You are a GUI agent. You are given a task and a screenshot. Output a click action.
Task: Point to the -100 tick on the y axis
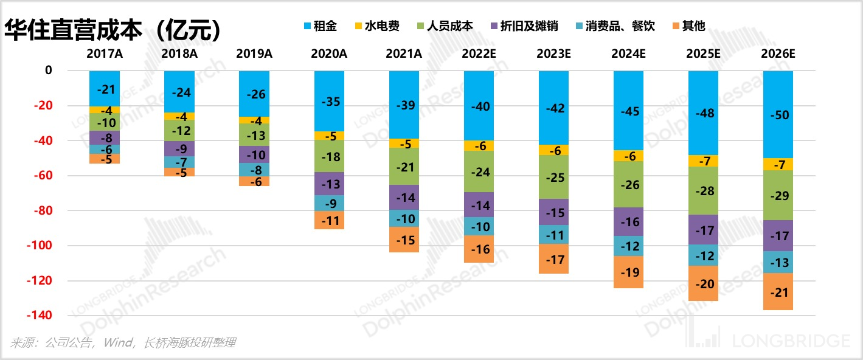pos(40,246)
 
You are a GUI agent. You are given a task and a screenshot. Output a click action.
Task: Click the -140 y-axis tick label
pos(40,316)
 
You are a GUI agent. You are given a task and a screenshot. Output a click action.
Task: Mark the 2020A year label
pos(329,54)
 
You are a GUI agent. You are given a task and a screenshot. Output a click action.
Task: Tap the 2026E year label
pos(778,54)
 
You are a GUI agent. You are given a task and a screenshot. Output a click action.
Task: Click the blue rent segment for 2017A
pos(105,89)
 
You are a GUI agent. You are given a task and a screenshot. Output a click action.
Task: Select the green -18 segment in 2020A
pos(329,157)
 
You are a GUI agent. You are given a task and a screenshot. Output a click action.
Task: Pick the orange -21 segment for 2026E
pos(778,292)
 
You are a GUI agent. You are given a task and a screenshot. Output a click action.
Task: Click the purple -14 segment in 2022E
pos(479,205)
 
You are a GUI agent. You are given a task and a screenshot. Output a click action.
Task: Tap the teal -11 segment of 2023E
pos(553,234)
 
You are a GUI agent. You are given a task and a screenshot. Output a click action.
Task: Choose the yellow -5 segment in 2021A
pos(404,144)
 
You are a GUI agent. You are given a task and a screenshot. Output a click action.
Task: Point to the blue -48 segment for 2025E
pos(703,113)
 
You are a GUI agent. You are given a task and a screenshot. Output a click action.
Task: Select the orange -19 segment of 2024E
pos(628,272)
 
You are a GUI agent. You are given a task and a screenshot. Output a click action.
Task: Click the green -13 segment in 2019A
pos(254,135)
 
